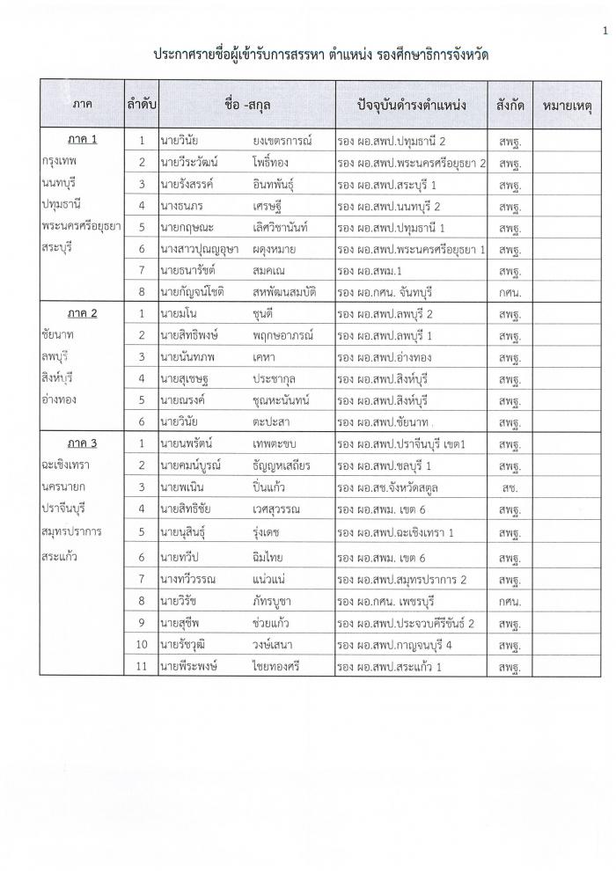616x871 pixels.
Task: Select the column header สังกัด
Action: [510, 105]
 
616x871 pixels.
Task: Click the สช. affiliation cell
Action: [510, 487]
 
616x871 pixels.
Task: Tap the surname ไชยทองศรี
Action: [282, 666]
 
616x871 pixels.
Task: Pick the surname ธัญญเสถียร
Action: [287, 465]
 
